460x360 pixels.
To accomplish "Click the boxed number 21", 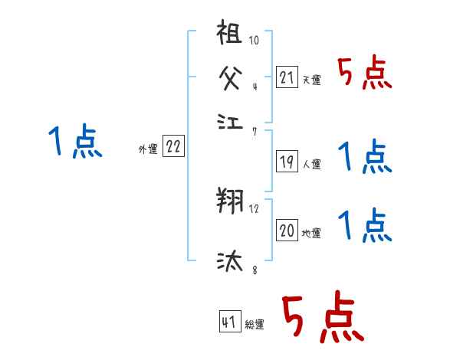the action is pos(287,77).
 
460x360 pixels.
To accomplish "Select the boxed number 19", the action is pos(287,162).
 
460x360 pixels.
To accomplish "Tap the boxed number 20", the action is pos(287,231).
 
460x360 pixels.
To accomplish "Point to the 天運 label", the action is pos(311,80).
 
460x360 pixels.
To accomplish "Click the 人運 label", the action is pos(311,164).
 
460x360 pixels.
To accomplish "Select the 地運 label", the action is pos(311,233).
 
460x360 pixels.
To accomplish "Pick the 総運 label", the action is pos(255,325).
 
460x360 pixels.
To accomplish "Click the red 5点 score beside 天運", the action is pos(365,74).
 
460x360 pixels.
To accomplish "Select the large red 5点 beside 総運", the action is pos(322,319).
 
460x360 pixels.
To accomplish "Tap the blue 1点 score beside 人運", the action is pos(365,158).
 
